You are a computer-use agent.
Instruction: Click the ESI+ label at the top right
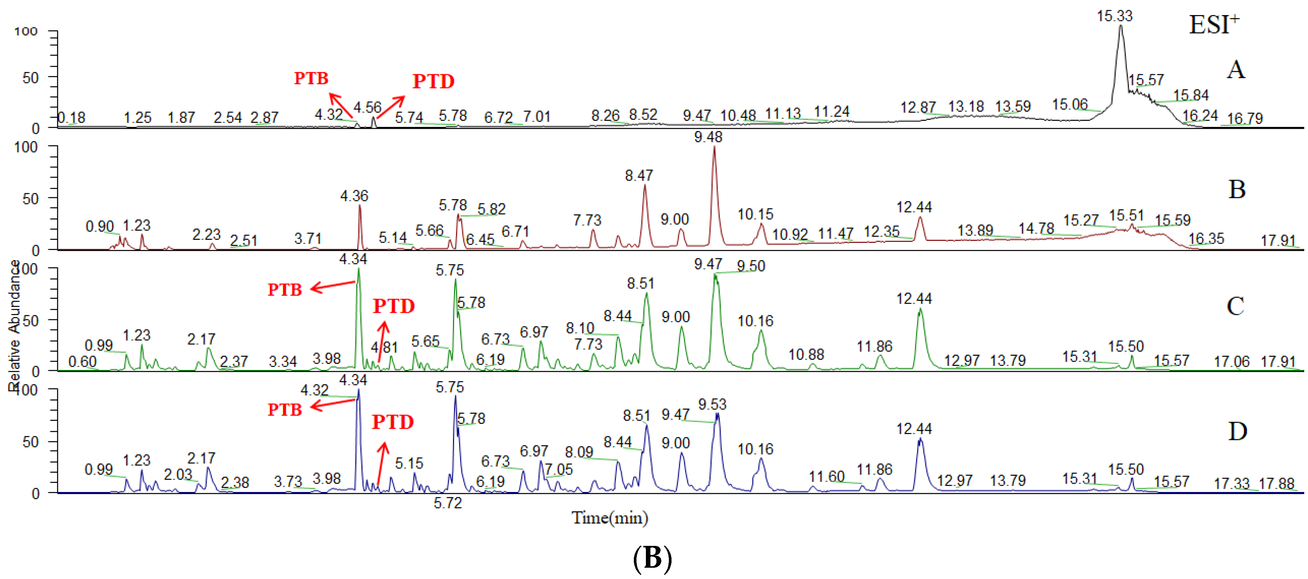(x=1213, y=25)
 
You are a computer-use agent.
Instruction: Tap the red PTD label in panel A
(x=433, y=81)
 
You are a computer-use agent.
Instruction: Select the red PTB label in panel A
(x=311, y=78)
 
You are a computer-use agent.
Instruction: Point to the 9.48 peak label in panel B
(x=708, y=137)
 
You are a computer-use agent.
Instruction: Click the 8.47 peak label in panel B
(x=638, y=175)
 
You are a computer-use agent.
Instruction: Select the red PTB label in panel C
(x=285, y=290)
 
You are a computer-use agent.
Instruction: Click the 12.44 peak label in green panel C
(x=913, y=299)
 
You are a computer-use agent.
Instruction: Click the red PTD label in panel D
(x=393, y=422)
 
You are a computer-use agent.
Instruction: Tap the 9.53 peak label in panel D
(x=712, y=404)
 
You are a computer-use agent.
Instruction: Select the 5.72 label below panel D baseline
(x=447, y=503)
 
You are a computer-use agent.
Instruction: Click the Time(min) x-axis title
(x=609, y=518)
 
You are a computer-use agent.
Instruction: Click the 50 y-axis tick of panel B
(x=31, y=199)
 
